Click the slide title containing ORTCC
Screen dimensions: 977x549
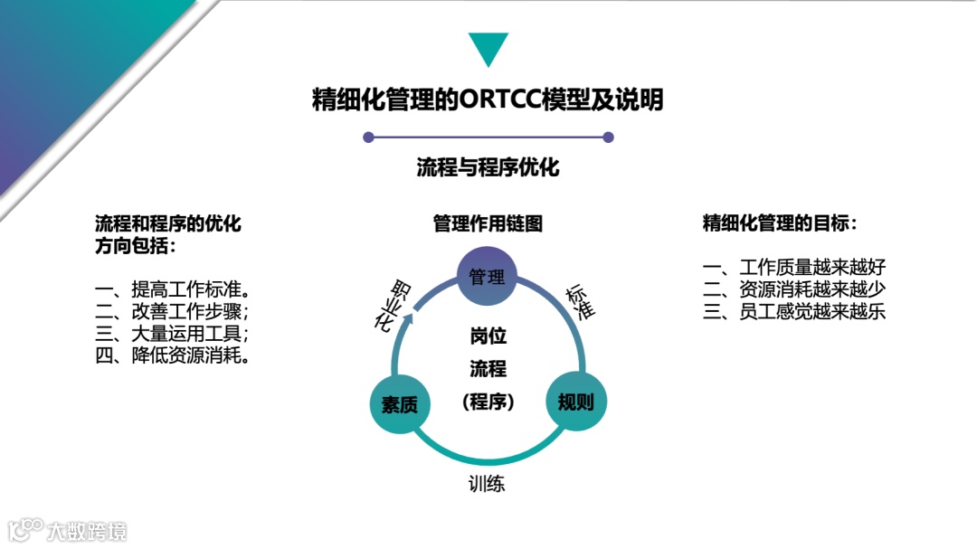click(x=488, y=99)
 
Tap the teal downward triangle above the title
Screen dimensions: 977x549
click(x=488, y=49)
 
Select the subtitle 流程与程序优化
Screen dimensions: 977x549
click(x=488, y=167)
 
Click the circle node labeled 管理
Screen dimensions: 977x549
click(x=487, y=277)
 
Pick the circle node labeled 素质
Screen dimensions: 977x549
click(x=398, y=404)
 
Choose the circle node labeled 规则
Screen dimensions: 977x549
click(x=575, y=402)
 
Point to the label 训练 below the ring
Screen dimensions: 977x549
click(x=487, y=484)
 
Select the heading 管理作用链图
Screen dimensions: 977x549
click(x=488, y=223)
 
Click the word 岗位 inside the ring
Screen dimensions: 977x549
click(x=488, y=336)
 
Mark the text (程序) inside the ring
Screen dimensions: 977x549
click(x=488, y=402)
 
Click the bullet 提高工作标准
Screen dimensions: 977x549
click(x=172, y=290)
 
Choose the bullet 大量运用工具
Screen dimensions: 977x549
click(x=172, y=334)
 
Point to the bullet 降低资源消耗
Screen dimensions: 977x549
click(x=172, y=355)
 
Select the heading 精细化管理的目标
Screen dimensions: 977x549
click(x=779, y=223)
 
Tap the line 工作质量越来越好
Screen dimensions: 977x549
click(x=793, y=269)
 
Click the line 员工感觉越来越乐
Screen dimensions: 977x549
click(x=793, y=312)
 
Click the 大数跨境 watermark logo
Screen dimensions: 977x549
click(x=67, y=529)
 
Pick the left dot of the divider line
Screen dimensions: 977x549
click(x=368, y=137)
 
